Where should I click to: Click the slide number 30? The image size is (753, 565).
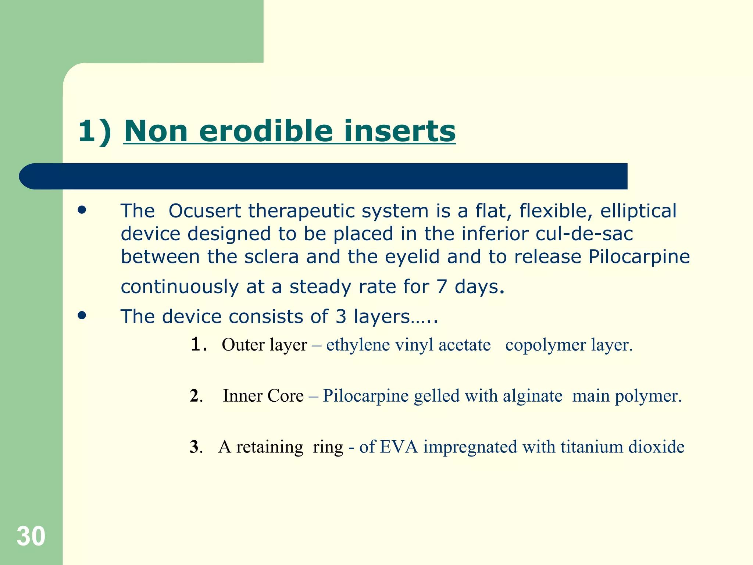(31, 536)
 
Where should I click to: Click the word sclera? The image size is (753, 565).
(271, 257)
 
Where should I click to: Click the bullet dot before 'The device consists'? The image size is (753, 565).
(82, 316)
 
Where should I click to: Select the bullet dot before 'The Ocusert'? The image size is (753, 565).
(82, 210)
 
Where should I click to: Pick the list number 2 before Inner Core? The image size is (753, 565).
(195, 396)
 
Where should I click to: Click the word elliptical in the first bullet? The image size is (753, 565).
(638, 211)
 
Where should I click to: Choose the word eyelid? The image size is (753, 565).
(412, 257)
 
